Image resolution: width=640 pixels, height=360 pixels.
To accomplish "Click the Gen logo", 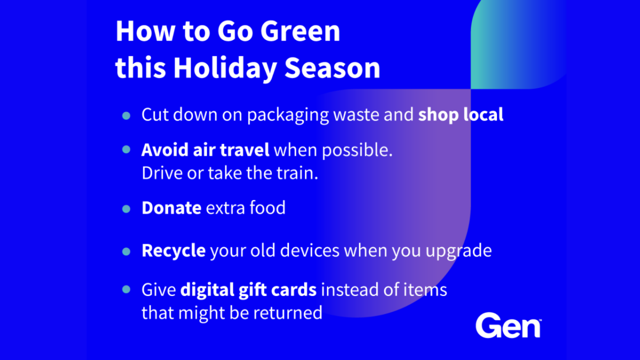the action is click(508, 325).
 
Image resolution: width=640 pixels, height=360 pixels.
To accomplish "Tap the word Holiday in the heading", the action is click(225, 68).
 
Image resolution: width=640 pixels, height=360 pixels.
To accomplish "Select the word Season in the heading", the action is click(332, 68).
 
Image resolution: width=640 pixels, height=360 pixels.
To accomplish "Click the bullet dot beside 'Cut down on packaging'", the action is click(126, 116).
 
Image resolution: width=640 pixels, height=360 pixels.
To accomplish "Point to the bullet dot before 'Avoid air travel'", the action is click(126, 149).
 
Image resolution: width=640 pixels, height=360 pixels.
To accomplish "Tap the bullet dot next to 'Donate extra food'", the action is click(126, 209).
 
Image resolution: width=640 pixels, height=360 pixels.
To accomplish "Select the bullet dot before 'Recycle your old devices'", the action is click(126, 251).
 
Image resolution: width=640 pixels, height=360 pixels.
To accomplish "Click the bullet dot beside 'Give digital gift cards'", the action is click(126, 290).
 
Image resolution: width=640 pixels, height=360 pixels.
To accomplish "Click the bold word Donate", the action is click(171, 207).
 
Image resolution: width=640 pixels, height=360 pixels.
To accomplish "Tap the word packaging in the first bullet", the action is click(288, 115).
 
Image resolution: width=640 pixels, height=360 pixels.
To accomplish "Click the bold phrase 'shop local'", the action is click(461, 115).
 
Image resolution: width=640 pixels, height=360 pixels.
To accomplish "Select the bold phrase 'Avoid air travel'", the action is click(205, 150).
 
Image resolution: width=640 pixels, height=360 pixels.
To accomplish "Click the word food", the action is click(267, 207).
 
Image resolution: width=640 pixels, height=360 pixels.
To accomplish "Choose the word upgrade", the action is click(459, 251).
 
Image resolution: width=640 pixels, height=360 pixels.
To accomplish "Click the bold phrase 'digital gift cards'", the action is click(249, 290).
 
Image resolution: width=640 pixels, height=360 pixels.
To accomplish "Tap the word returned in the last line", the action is click(287, 313).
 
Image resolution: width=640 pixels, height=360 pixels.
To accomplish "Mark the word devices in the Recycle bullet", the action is click(309, 251).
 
